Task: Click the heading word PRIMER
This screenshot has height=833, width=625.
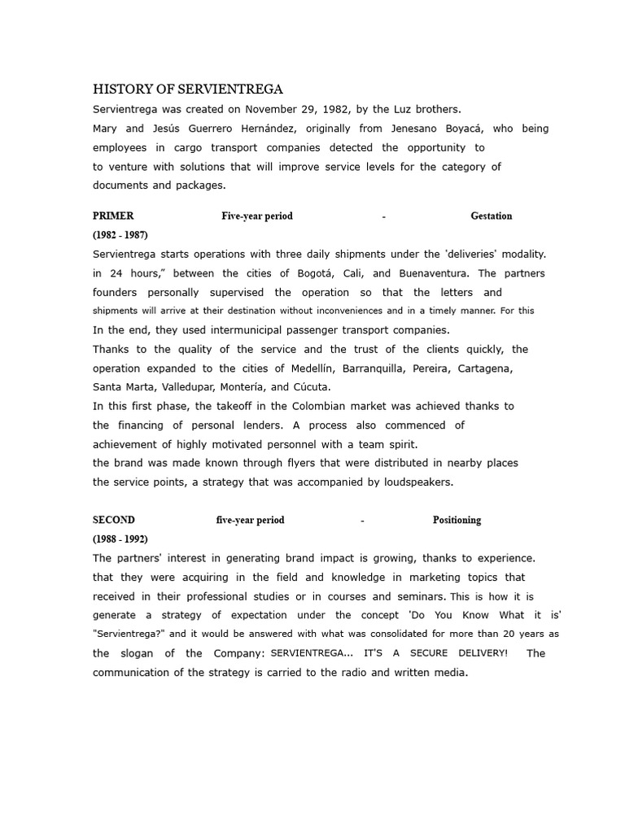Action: click(113, 216)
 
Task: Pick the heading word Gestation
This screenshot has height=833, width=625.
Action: click(492, 216)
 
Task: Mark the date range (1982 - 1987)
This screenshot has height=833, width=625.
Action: click(120, 235)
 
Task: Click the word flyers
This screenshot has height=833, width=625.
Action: click(269, 463)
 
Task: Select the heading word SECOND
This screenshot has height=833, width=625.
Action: click(114, 521)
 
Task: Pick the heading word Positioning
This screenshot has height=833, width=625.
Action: click(457, 521)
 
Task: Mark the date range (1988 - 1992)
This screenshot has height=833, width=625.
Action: click(120, 539)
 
